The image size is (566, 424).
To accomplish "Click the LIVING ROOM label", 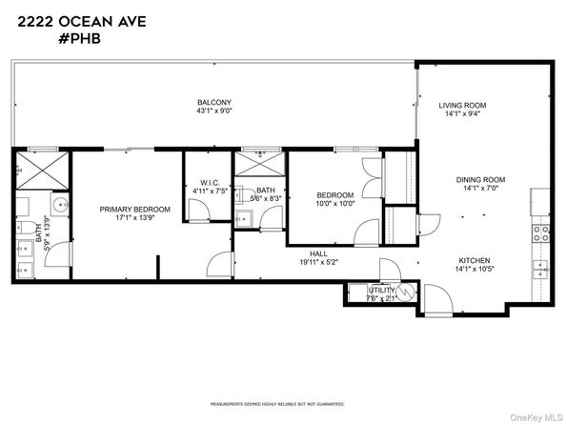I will tap(464, 105).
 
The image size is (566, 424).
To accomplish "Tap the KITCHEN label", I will tap(474, 260).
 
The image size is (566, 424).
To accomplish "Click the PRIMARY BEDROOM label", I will tap(136, 209).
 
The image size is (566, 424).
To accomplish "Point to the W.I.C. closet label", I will tap(210, 183).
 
